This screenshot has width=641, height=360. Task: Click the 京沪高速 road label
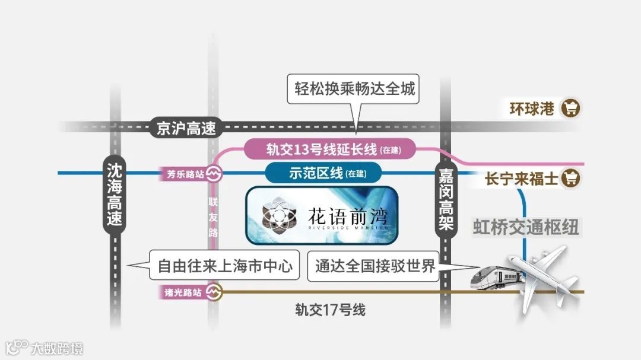pyautogui.click(x=186, y=128)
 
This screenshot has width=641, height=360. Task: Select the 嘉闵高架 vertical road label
pyautogui.click(x=446, y=199)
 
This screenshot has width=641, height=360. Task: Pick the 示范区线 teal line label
pyautogui.click(x=324, y=173)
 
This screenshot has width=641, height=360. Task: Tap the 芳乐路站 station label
pyautogui.click(x=182, y=174)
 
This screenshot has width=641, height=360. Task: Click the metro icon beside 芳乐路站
pyautogui.click(x=214, y=174)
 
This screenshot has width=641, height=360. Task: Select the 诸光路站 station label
pyautogui.click(x=183, y=292)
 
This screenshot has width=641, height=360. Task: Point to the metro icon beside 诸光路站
pyautogui.click(x=214, y=292)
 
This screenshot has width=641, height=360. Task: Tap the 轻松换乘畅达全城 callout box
pyautogui.click(x=355, y=90)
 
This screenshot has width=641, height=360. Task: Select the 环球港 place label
pyautogui.click(x=532, y=109)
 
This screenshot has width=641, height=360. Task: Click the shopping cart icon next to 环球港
pyautogui.click(x=572, y=109)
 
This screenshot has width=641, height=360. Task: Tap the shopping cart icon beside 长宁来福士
pyautogui.click(x=571, y=178)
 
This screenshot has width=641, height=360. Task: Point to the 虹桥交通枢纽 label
pyautogui.click(x=525, y=227)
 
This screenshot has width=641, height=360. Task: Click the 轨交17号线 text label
pyautogui.click(x=331, y=310)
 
